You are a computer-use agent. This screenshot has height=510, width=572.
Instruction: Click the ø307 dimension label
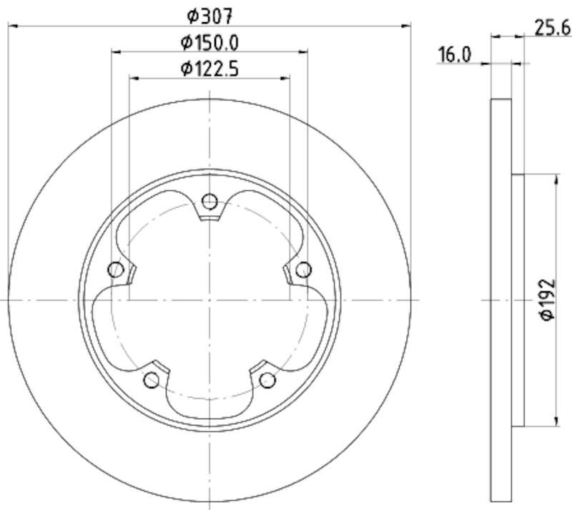210,14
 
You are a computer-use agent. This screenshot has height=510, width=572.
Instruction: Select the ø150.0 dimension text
210,42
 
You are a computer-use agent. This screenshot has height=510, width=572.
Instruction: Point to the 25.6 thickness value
551,28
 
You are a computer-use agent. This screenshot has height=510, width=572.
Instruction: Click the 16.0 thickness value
454,55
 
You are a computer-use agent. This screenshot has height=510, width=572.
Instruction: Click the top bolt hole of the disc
209,202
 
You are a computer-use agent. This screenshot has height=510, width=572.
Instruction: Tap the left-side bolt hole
115,270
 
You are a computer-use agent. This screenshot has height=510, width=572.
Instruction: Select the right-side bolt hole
304,270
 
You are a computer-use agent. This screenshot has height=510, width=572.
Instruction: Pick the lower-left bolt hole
152,380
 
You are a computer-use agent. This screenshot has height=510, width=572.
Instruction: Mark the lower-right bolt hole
267,380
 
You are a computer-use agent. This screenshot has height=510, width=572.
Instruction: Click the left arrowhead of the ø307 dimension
12,26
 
